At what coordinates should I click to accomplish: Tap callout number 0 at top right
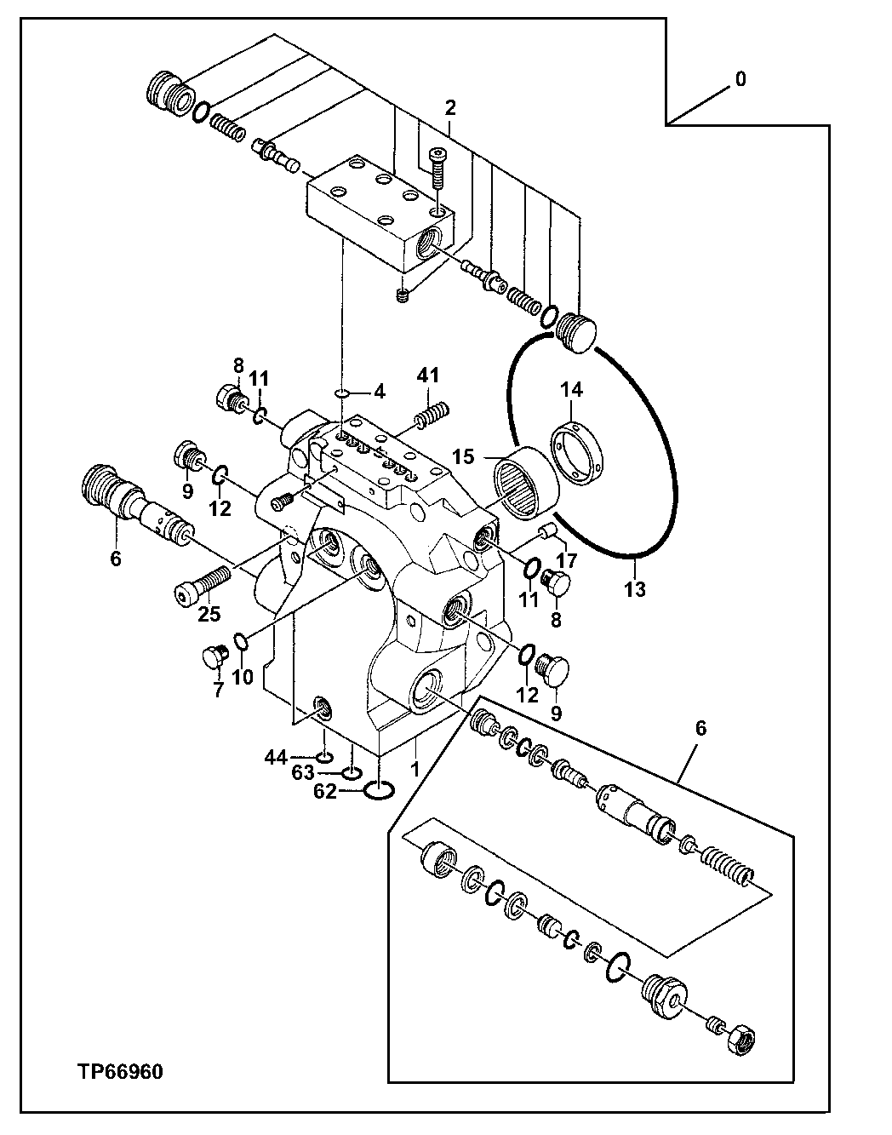[740, 79]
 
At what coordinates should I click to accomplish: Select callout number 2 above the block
[450, 108]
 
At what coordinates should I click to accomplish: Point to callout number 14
[571, 390]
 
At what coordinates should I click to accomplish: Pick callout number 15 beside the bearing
[463, 457]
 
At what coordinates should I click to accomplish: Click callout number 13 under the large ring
[635, 589]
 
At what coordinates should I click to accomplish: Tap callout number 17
[566, 561]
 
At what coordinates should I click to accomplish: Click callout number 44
[274, 756]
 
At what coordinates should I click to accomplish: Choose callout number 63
[303, 773]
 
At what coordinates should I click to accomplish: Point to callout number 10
[243, 677]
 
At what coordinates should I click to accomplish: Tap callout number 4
[378, 393]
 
